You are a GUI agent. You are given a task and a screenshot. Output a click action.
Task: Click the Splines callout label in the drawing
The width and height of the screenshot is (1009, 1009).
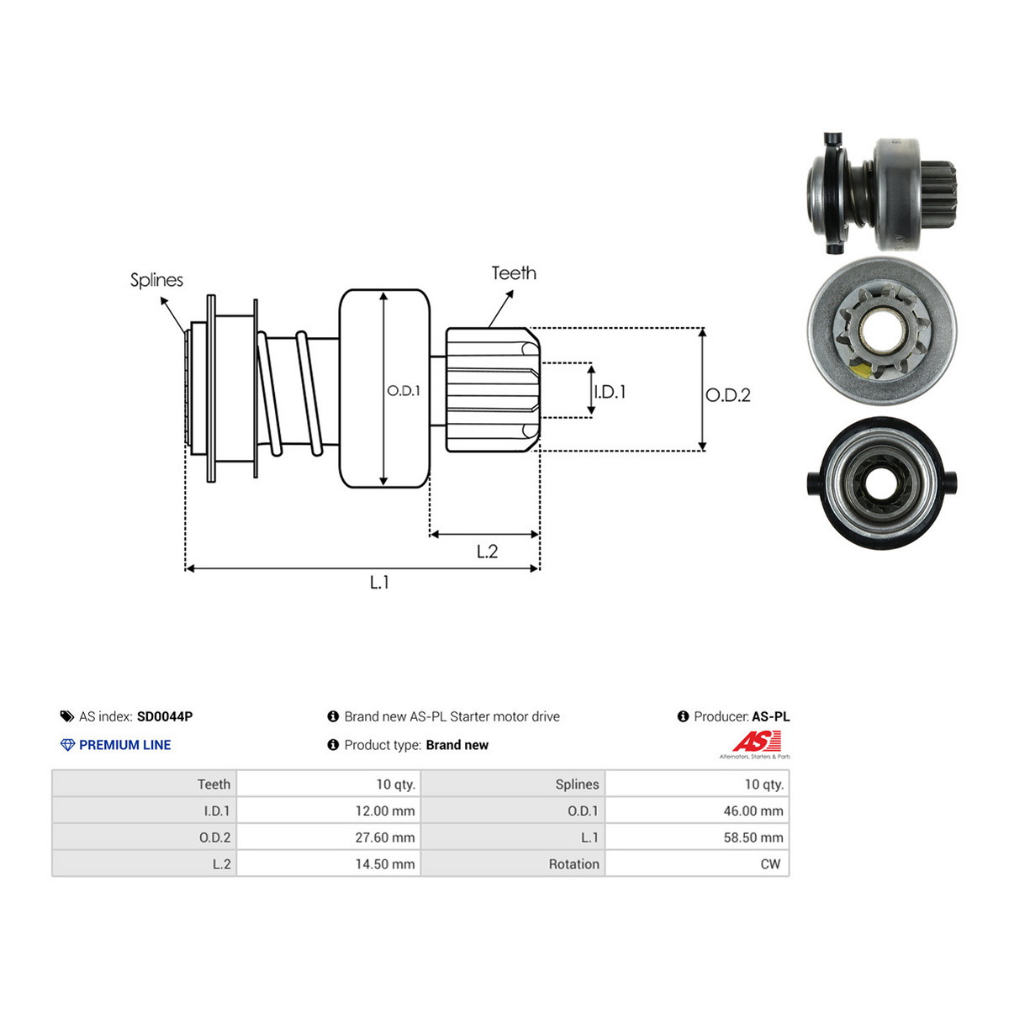[156, 280]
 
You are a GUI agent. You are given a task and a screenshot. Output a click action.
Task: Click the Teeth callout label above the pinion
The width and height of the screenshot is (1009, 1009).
[514, 272]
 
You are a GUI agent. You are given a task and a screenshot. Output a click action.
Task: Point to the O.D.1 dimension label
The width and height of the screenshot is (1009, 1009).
[404, 391]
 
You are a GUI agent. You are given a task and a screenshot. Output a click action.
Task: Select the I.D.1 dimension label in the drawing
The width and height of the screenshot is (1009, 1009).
[610, 392]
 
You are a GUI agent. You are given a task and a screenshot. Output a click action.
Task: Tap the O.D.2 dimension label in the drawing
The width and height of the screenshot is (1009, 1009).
[728, 395]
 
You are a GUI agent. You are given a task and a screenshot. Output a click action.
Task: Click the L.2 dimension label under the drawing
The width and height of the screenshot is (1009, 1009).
[487, 552]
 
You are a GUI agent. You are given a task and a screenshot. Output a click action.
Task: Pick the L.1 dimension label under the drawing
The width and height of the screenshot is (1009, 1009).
[379, 582]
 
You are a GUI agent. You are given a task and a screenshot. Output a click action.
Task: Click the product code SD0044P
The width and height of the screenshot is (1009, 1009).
[165, 716]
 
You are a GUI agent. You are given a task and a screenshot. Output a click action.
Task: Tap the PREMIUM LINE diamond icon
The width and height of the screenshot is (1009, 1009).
[67, 745]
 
